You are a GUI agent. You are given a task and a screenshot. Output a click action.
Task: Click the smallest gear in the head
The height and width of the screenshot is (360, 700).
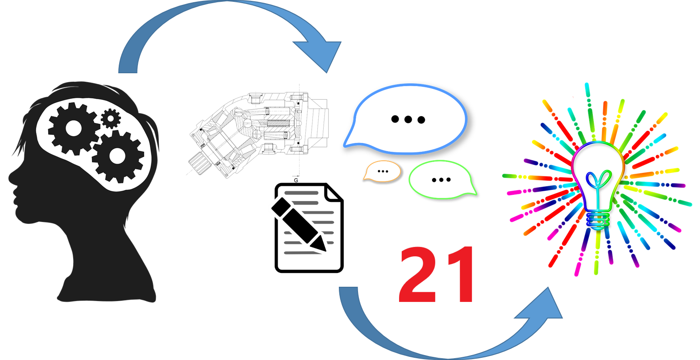pyautogui.click(x=111, y=118)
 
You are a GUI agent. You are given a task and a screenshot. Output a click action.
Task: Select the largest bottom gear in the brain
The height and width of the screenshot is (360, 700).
pyautogui.click(x=117, y=156)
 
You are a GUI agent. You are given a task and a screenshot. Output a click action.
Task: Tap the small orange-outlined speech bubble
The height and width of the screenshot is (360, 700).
pyautogui.click(x=382, y=171)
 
